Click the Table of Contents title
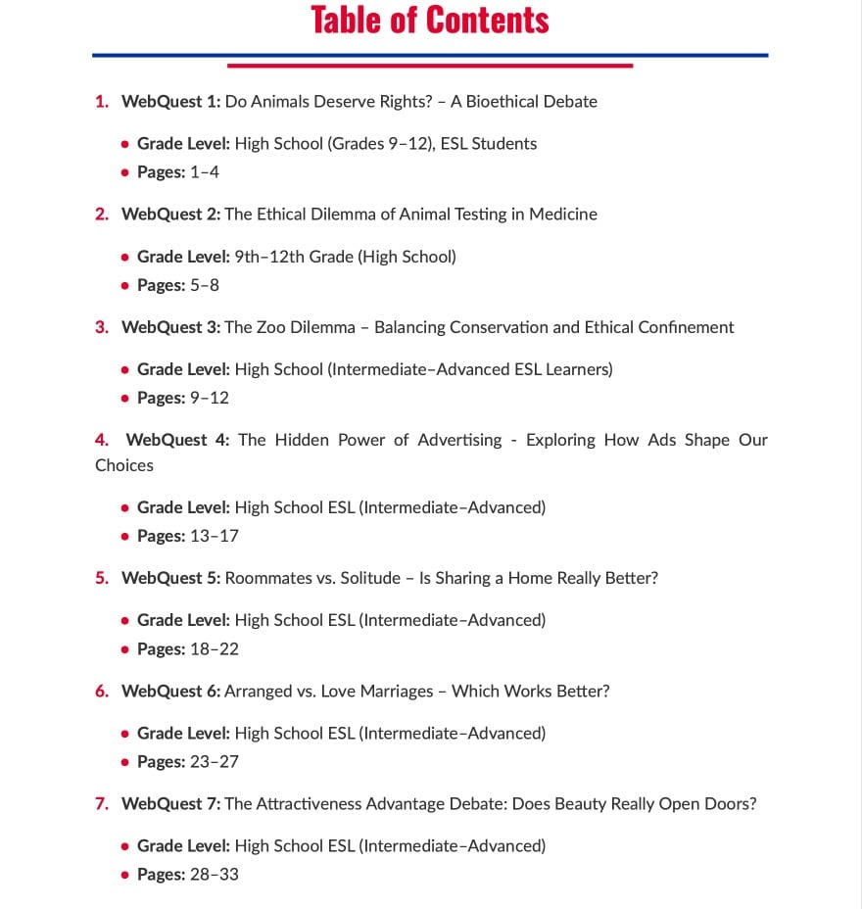point(430,21)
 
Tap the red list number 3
point(101,327)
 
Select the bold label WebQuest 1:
point(171,101)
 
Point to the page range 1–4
point(205,172)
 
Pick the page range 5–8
point(205,285)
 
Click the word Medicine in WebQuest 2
point(562,214)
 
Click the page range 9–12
point(210,398)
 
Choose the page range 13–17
point(215,536)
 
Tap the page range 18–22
point(215,648)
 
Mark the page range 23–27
point(215,761)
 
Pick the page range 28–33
point(215,874)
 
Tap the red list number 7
point(101,803)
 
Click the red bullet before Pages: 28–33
point(124,875)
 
